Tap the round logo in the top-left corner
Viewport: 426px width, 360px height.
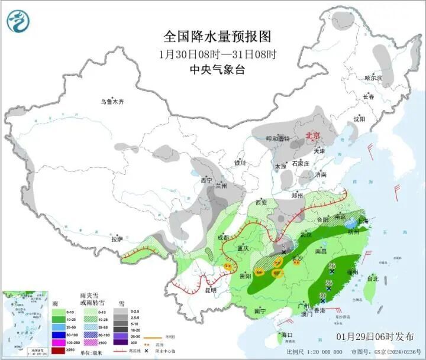(x=18, y=22)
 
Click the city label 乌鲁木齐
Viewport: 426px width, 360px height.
(x=112, y=102)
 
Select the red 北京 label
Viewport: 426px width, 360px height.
(x=312, y=136)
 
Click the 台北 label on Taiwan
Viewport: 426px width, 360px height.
(x=373, y=278)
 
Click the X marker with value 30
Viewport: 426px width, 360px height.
(x=323, y=298)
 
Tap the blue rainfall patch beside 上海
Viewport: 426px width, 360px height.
(x=351, y=223)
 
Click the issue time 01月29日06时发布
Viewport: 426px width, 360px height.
(x=375, y=336)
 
